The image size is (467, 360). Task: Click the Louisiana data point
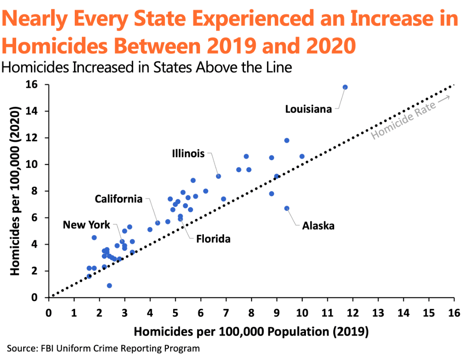[x=345, y=87]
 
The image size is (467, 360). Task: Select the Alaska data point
[x=287, y=208]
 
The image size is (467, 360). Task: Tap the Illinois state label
[x=188, y=154]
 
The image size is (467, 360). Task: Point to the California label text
[x=119, y=199]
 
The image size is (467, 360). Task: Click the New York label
[x=87, y=225]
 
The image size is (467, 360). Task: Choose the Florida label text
[x=213, y=239]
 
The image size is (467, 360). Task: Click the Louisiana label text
[x=308, y=109]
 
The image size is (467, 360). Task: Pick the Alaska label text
[x=318, y=226]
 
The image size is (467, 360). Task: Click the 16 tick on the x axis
[x=454, y=312]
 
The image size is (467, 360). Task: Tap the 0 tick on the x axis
[x=48, y=312]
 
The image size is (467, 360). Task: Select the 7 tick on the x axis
[x=226, y=312]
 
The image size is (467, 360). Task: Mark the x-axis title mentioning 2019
[x=251, y=332]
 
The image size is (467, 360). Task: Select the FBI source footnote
[x=103, y=348]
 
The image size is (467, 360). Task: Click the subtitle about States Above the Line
[x=147, y=67]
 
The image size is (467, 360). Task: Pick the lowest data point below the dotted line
[x=110, y=285]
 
